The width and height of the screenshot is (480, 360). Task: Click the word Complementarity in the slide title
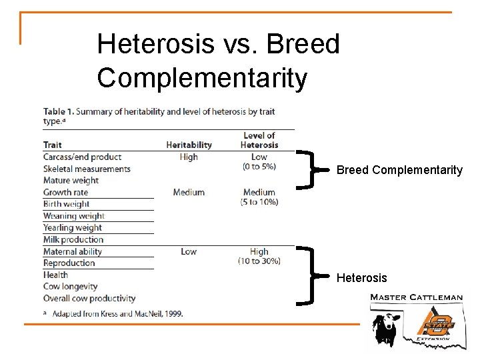[x=202, y=78]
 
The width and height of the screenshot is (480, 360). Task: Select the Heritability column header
[x=189, y=145]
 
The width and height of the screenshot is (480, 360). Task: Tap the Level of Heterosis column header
[x=259, y=140]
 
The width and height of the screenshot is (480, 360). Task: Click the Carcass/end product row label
[x=82, y=157]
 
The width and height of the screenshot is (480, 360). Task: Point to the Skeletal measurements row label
[x=87, y=169]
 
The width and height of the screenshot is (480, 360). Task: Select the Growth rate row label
[x=65, y=193]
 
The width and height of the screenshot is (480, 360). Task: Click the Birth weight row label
[x=66, y=204]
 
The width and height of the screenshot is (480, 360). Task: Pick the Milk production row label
[x=73, y=239]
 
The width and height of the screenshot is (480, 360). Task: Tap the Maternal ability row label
[x=73, y=251]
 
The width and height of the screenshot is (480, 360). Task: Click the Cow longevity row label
[x=70, y=286]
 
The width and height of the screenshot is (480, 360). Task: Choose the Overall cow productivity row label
[x=89, y=298]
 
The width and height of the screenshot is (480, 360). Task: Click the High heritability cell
[x=189, y=157]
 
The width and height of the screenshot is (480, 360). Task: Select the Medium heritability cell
[x=189, y=193]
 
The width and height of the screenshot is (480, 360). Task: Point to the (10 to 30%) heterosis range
[x=259, y=261]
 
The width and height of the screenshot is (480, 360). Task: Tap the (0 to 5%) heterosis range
[x=259, y=166]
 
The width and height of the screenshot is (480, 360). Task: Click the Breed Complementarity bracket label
[x=399, y=170]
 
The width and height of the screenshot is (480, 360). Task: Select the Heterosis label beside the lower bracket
[x=361, y=277]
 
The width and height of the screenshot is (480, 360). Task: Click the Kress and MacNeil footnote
[x=117, y=313]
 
